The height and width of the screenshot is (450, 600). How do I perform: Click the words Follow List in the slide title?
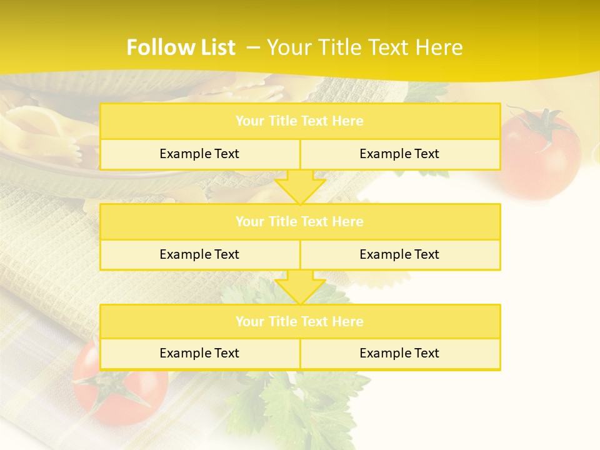[181, 47]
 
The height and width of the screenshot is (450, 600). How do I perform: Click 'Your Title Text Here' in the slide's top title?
[364, 47]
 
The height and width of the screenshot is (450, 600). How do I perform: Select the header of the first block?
[299, 121]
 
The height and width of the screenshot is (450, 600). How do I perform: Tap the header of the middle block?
[299, 222]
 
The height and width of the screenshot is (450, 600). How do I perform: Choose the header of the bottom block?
[299, 322]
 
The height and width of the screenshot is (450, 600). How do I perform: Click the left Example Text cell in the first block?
[199, 154]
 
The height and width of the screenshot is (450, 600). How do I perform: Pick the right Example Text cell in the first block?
[399, 154]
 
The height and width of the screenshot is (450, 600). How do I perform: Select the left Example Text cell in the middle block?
[199, 255]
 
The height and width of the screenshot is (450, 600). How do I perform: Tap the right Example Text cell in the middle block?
[399, 255]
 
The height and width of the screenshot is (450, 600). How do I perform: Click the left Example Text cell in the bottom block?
[199, 354]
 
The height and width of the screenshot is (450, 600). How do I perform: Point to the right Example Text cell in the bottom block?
[399, 354]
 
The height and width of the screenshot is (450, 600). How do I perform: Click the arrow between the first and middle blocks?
[300, 187]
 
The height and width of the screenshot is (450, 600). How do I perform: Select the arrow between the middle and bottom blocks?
[300, 287]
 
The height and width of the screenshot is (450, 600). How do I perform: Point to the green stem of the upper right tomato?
[542, 122]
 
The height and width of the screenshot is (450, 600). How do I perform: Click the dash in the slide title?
[254, 47]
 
